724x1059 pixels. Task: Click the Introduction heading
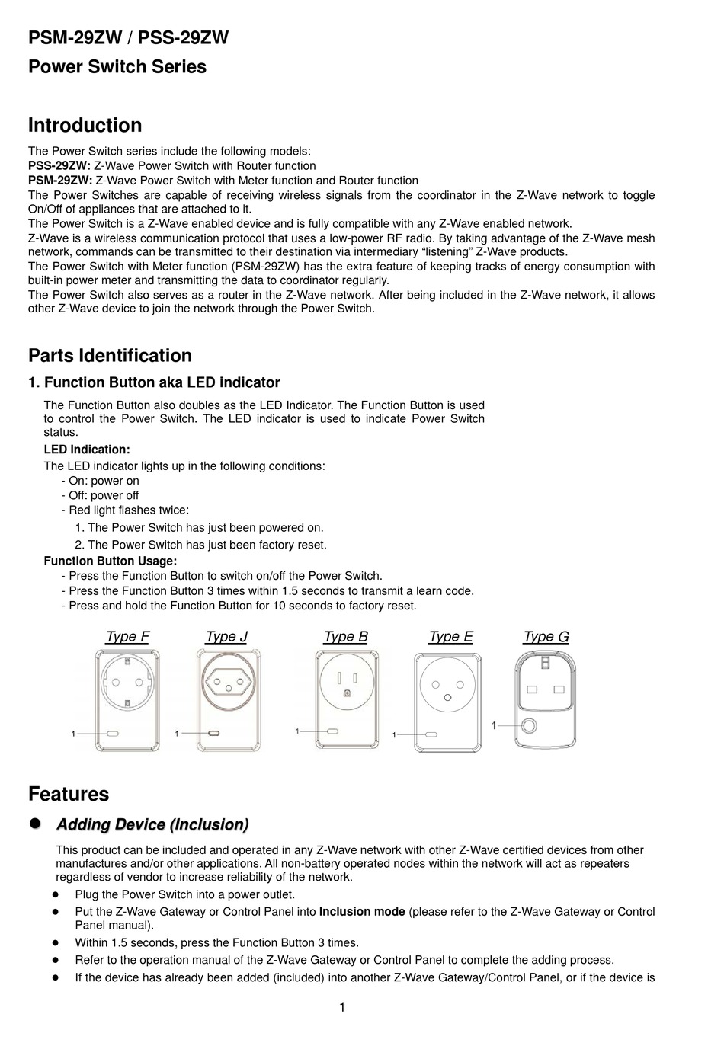pyautogui.click(x=85, y=126)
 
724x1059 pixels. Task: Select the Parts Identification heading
pyautogui.click(x=110, y=356)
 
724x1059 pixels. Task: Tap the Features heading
pyautogui.click(x=69, y=794)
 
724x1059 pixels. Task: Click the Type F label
pyautogui.click(x=127, y=637)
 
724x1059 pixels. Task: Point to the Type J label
pyautogui.click(x=226, y=637)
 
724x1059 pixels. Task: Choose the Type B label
pyautogui.click(x=345, y=637)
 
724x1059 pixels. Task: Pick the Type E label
pyautogui.click(x=450, y=637)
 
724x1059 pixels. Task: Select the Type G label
pyautogui.click(x=546, y=637)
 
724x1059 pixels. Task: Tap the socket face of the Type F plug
pyautogui.click(x=127, y=679)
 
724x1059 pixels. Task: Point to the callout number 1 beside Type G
pyautogui.click(x=494, y=726)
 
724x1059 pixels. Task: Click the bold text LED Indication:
pyautogui.click(x=87, y=450)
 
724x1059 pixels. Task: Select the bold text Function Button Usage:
pyautogui.click(x=111, y=561)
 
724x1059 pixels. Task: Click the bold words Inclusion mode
pyautogui.click(x=361, y=912)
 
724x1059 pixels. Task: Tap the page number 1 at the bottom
pyautogui.click(x=342, y=1008)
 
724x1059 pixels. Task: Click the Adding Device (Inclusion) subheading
pyautogui.click(x=152, y=825)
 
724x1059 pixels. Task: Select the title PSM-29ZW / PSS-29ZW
pyautogui.click(x=128, y=38)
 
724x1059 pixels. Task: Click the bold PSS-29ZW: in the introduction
pyautogui.click(x=59, y=166)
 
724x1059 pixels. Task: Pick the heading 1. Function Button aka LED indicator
pyautogui.click(x=154, y=382)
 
